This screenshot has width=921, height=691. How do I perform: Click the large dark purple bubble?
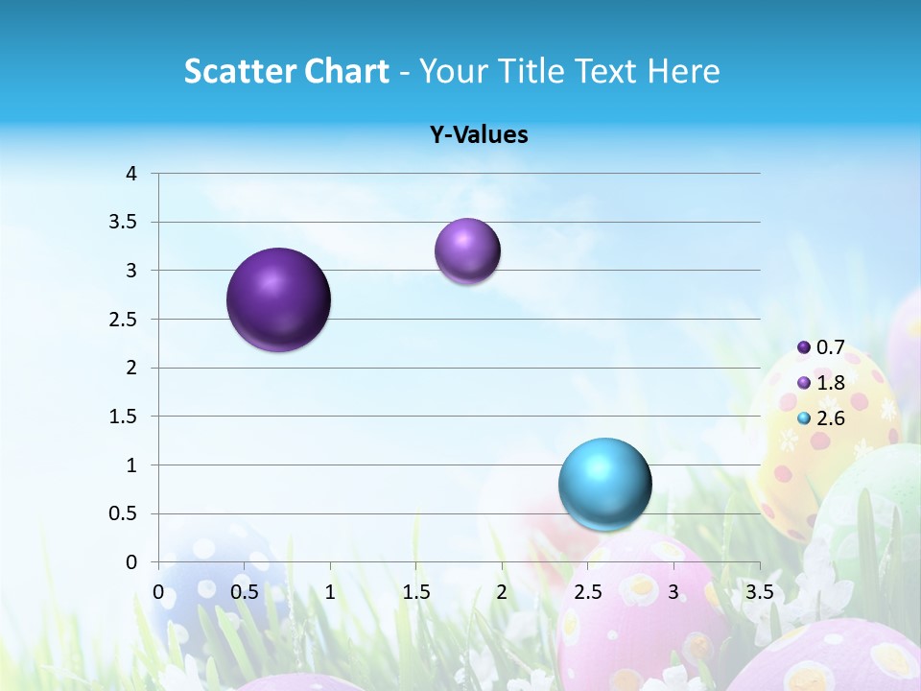(279, 299)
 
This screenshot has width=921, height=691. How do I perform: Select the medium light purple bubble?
(467, 251)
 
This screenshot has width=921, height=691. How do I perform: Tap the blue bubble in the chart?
(604, 484)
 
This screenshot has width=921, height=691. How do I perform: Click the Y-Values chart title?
(479, 135)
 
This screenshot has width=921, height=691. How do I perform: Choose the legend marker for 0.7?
(804, 347)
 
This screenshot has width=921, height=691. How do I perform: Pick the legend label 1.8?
(831, 383)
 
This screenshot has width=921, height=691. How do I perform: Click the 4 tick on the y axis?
(131, 174)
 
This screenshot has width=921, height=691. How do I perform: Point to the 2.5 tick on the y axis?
(124, 320)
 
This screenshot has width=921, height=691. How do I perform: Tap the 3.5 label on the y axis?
(124, 223)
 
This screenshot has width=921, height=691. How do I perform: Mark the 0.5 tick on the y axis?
(124, 514)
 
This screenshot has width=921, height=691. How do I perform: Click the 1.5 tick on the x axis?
(415, 591)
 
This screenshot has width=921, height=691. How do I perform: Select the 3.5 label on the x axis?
(759, 591)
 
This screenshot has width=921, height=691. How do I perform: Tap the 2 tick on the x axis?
(502, 591)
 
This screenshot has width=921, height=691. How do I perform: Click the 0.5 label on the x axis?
(244, 591)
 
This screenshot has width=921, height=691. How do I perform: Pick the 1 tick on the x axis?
(330, 591)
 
